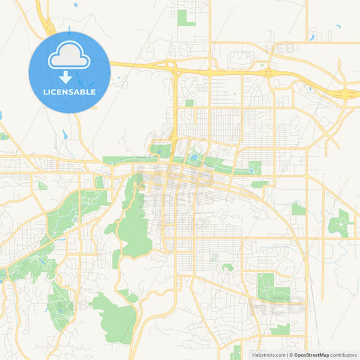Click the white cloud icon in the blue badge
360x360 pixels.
click(69, 59)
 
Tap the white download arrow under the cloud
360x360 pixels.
click(69, 76)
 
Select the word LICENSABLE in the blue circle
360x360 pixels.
click(69, 91)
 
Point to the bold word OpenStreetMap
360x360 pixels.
click(311, 354)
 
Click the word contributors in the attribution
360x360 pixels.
click(344, 354)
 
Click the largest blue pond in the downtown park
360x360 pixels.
click(195, 159)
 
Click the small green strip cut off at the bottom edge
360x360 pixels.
click(236, 352)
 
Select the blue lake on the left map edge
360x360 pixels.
click(1, 115)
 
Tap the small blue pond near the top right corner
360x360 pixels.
click(338, 28)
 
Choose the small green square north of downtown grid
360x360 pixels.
click(189, 103)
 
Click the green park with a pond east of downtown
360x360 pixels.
click(255, 167)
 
